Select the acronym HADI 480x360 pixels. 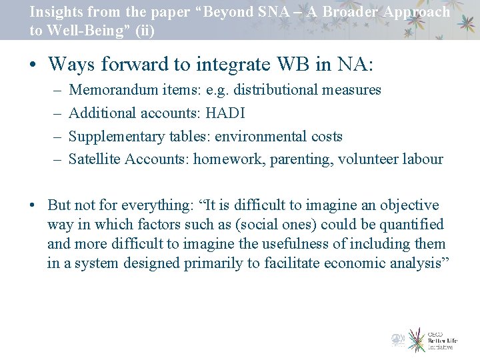[x=226, y=113]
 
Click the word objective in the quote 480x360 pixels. [x=407, y=205]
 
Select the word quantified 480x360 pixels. [x=409, y=225]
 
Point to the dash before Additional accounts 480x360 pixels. [x=56, y=113]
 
